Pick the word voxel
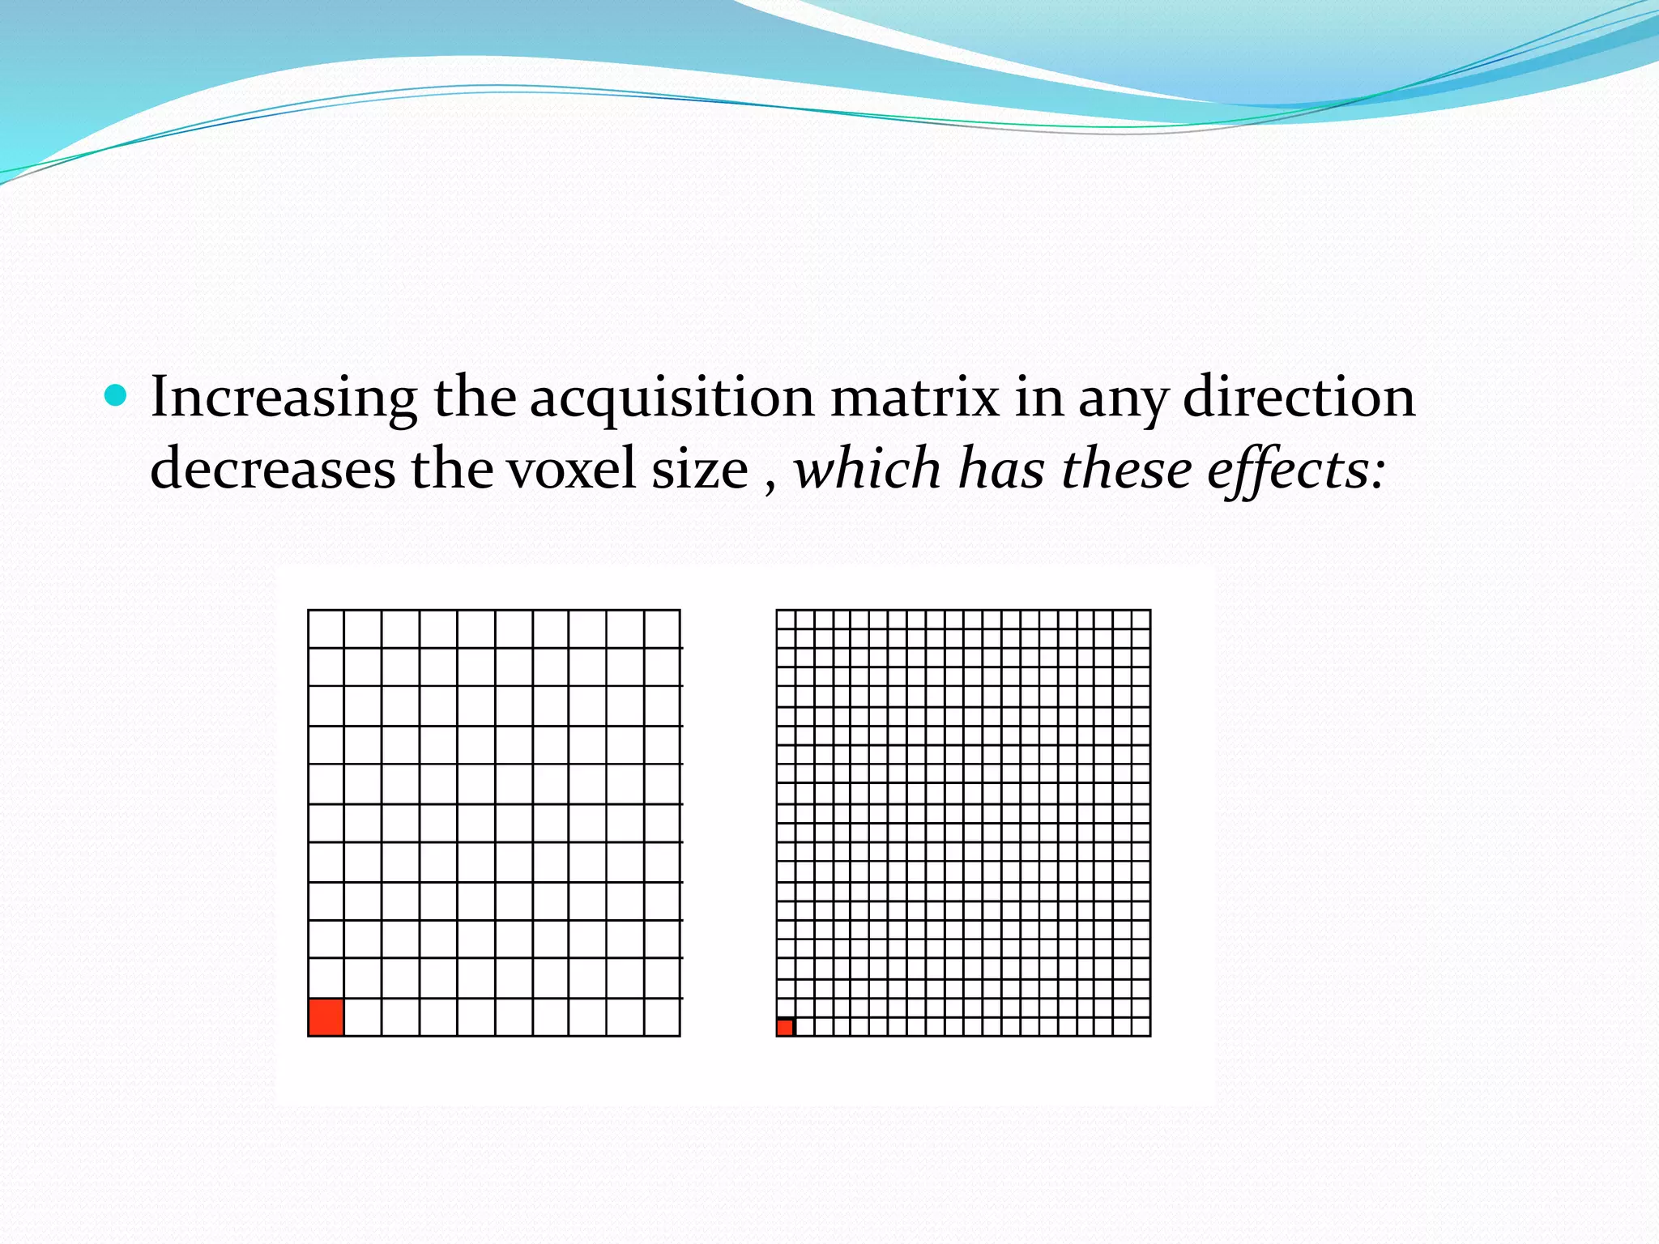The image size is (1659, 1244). tap(572, 470)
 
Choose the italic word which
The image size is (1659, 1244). tap(867, 470)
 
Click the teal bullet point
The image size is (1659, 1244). tap(117, 396)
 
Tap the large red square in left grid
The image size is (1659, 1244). tap(326, 1017)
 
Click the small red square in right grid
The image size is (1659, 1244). tap(785, 1028)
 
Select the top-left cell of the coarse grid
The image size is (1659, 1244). tap(326, 628)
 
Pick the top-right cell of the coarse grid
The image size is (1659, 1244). tap(662, 628)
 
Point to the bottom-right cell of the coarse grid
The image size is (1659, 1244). tap(662, 1017)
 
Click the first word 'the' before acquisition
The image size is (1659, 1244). tap(474, 397)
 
